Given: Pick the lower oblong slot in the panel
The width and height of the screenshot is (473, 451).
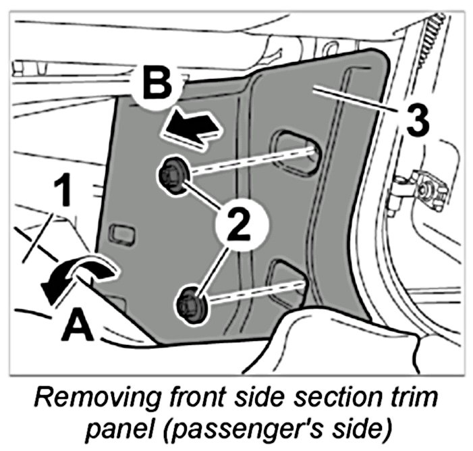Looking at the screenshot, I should coord(289,278).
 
